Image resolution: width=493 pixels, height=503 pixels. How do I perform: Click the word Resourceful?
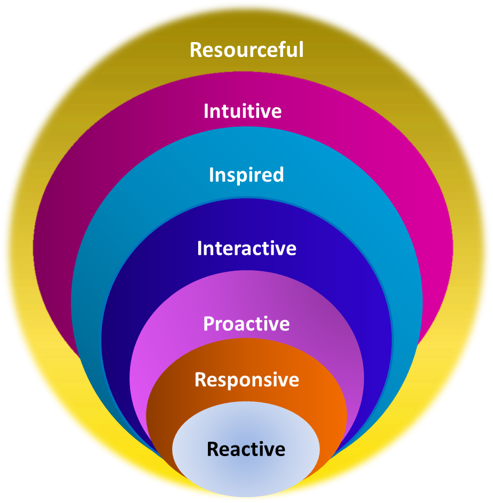(x=246, y=50)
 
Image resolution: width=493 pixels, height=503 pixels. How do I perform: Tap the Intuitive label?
(x=243, y=111)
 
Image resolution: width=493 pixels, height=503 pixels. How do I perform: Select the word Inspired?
(x=246, y=175)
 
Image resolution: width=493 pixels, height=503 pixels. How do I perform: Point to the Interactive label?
(x=246, y=248)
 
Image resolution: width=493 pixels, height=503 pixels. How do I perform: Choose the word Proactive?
(x=246, y=324)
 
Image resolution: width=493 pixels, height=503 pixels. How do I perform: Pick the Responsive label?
(x=247, y=380)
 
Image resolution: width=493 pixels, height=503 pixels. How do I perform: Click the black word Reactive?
(x=246, y=449)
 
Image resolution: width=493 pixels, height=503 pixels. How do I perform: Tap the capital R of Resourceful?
(x=196, y=50)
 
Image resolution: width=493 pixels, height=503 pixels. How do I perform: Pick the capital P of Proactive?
(x=209, y=324)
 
